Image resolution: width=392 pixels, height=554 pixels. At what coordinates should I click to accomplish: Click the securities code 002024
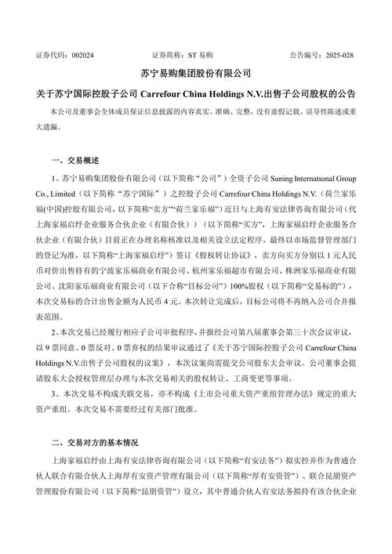(82, 56)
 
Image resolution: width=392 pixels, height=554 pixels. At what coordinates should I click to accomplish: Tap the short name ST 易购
(201, 56)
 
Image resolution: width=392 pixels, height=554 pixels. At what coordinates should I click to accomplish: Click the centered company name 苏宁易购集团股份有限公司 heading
(196, 74)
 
